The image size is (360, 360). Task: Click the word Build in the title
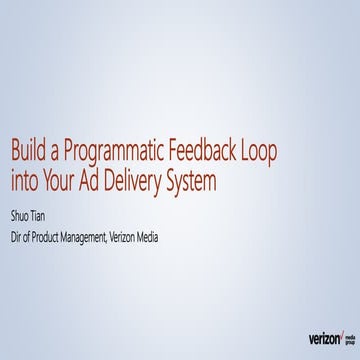[x=29, y=153]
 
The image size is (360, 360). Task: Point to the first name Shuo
[x=21, y=214]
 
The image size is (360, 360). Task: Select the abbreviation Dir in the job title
[x=16, y=237]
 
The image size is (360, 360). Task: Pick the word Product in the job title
[x=54, y=237]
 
